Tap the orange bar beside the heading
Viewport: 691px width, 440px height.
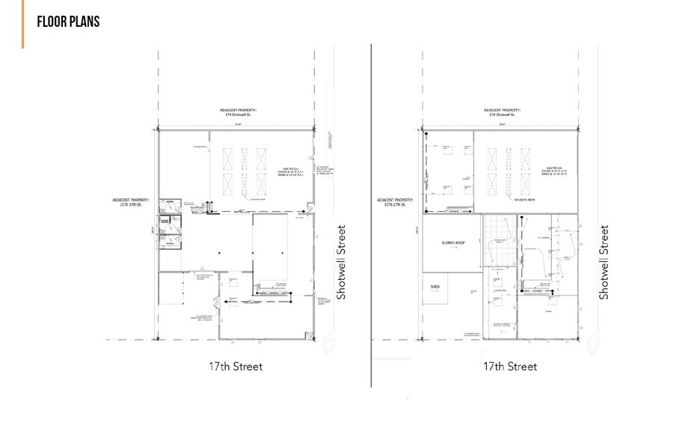tap(23, 24)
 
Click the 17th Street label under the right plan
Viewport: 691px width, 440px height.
tap(510, 367)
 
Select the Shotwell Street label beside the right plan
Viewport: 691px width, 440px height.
tap(604, 263)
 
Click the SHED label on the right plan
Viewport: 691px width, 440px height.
tap(434, 287)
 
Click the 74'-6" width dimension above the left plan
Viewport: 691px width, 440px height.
tap(235, 124)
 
